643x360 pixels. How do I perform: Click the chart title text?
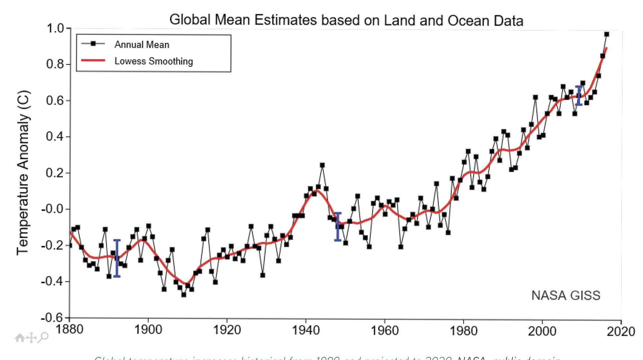click(x=346, y=20)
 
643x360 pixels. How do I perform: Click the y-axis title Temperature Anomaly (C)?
click(x=23, y=173)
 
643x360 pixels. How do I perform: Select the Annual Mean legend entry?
click(x=141, y=44)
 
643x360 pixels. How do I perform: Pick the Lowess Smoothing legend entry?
click(x=154, y=61)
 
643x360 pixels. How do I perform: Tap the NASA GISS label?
click(x=566, y=295)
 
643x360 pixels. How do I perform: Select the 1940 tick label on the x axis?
click(x=305, y=330)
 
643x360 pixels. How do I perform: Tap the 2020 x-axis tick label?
click(x=620, y=331)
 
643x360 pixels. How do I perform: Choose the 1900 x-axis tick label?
click(x=148, y=330)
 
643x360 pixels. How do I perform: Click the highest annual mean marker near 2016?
click(x=606, y=34)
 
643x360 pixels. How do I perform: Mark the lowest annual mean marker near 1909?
click(x=184, y=294)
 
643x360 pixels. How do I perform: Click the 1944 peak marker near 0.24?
click(x=322, y=165)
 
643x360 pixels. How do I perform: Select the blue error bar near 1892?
click(x=117, y=258)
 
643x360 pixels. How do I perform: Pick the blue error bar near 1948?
click(x=338, y=227)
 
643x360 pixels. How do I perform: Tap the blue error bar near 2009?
click(x=579, y=96)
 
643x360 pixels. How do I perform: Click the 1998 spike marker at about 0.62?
click(x=535, y=97)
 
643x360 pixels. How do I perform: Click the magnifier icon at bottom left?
click(x=43, y=337)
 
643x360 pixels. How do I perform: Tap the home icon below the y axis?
click(x=20, y=338)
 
